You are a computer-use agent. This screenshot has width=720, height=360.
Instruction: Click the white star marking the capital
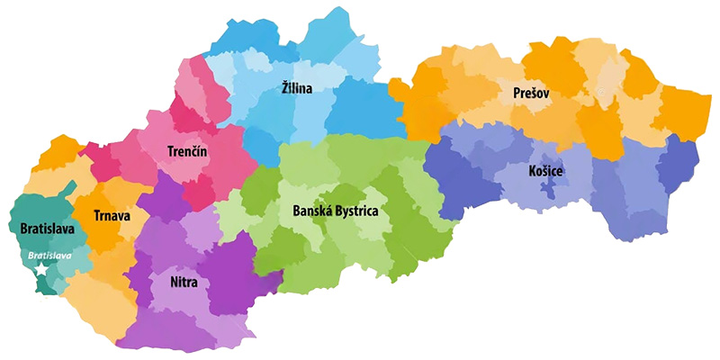point(40,270)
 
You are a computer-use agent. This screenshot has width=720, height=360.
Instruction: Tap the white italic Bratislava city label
point(49,256)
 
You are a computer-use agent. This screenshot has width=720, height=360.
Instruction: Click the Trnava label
point(112,215)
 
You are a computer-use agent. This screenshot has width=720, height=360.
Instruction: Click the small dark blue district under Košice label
point(547,189)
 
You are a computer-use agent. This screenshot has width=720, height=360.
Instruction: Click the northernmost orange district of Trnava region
point(58,153)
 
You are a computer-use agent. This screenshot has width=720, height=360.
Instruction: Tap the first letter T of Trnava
point(97,215)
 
